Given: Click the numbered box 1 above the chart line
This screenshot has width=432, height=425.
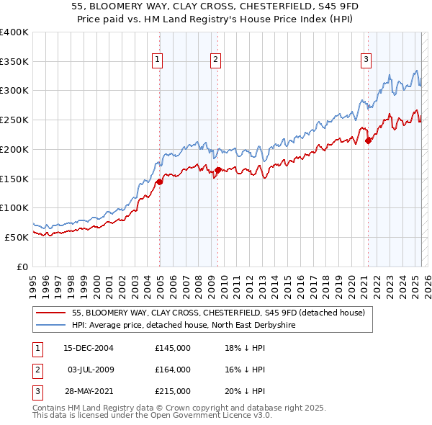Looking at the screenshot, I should point(157,60).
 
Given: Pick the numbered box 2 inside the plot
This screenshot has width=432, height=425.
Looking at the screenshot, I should point(215,60).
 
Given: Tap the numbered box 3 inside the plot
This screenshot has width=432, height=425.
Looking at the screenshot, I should point(366,60).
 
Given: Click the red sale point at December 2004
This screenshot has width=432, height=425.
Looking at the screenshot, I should point(159,182).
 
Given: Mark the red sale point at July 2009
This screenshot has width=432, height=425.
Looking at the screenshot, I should point(217,171).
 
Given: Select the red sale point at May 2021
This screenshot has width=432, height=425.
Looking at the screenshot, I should point(368,140).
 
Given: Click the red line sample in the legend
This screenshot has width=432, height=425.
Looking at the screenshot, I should point(50,313).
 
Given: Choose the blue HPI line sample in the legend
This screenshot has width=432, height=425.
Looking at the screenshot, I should point(50,326).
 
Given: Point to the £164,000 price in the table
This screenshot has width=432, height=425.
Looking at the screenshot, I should point(173,370).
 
